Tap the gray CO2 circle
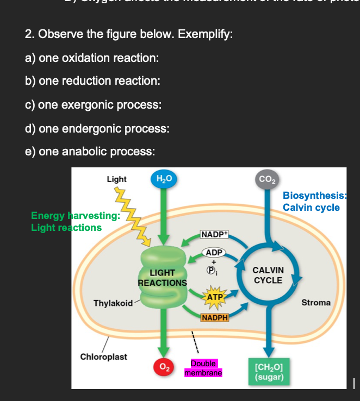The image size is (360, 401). [x=266, y=179]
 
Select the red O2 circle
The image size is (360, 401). [x=163, y=367]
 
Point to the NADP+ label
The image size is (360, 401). [x=215, y=234]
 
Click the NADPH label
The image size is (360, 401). [x=214, y=317]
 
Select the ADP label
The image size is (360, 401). [x=215, y=253]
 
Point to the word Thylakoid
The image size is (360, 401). [x=113, y=303]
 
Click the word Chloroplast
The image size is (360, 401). [x=103, y=356]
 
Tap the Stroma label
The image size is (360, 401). [x=316, y=302]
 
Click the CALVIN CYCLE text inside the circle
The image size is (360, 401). [x=268, y=275]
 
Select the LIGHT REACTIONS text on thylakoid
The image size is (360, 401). [x=162, y=278]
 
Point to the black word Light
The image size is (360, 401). [x=116, y=179]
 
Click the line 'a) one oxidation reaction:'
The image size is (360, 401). [x=92, y=58]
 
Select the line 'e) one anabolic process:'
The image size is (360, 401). [x=90, y=152]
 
